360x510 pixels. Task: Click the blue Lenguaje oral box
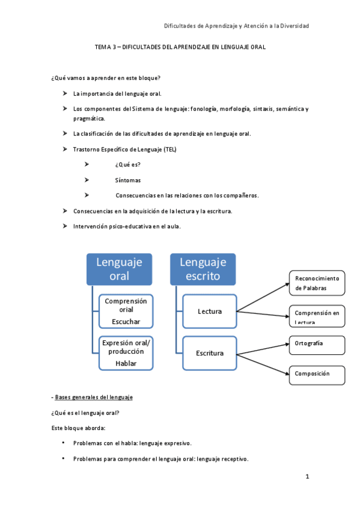(x=119, y=269)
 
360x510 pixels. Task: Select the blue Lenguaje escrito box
(x=203, y=269)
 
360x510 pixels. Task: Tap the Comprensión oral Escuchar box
(x=126, y=311)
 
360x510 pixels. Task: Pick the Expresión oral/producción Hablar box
(x=126, y=353)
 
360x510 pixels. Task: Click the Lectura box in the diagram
(x=210, y=311)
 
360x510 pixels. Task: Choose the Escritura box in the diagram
(x=210, y=353)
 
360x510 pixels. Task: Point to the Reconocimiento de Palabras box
(x=317, y=283)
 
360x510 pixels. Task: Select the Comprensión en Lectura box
(x=317, y=316)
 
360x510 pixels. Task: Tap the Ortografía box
(x=317, y=345)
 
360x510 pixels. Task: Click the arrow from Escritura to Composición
(x=263, y=363)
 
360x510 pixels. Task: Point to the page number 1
(x=307, y=477)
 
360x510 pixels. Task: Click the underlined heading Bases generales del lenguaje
(x=93, y=398)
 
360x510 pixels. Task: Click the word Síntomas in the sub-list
(x=128, y=180)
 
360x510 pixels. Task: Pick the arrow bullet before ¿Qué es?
(x=87, y=164)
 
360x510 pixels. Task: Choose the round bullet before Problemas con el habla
(x=63, y=443)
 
